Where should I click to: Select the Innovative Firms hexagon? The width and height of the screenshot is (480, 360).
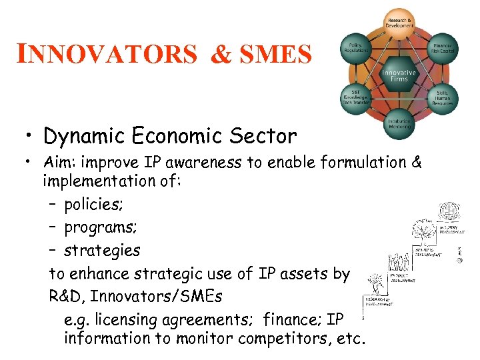pos(399,75)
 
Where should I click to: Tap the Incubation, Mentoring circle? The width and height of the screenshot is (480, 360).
pos(399,126)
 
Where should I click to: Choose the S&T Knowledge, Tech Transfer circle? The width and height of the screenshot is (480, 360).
pos(355,98)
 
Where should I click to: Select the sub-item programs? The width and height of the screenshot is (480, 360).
pos(101,227)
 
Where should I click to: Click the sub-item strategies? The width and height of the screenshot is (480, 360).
pos(102,251)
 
